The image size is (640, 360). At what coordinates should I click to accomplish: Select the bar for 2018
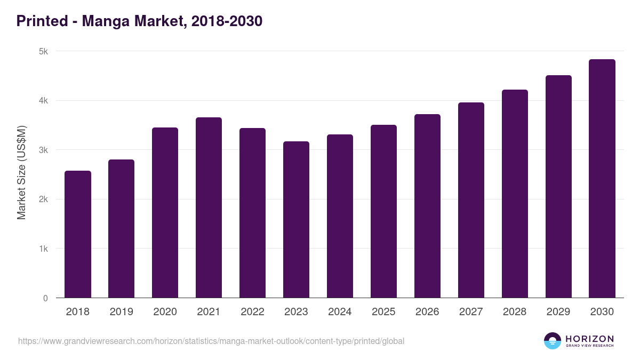click(x=78, y=235)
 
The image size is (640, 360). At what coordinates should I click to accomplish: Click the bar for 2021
click(x=209, y=208)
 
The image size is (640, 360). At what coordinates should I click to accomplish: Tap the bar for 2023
click(x=296, y=220)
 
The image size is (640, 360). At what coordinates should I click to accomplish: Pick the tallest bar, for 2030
click(x=602, y=179)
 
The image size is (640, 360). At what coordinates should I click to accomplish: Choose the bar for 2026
click(x=427, y=206)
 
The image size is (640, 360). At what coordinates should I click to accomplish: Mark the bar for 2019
click(x=122, y=229)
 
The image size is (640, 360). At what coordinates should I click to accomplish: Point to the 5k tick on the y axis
click(x=43, y=52)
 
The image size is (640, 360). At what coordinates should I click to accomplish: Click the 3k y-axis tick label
click(x=43, y=150)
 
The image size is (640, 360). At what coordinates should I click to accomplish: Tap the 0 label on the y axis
click(x=45, y=299)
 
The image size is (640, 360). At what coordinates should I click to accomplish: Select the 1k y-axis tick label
click(x=43, y=249)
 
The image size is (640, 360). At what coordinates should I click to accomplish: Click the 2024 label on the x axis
click(x=340, y=312)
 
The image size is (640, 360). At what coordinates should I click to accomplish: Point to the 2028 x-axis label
click(x=515, y=312)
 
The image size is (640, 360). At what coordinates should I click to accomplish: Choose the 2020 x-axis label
click(x=165, y=312)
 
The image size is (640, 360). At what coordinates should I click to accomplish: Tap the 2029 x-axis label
click(x=558, y=312)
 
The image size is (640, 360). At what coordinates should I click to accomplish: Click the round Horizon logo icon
click(x=553, y=341)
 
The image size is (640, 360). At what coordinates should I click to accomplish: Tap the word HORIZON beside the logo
click(x=589, y=339)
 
